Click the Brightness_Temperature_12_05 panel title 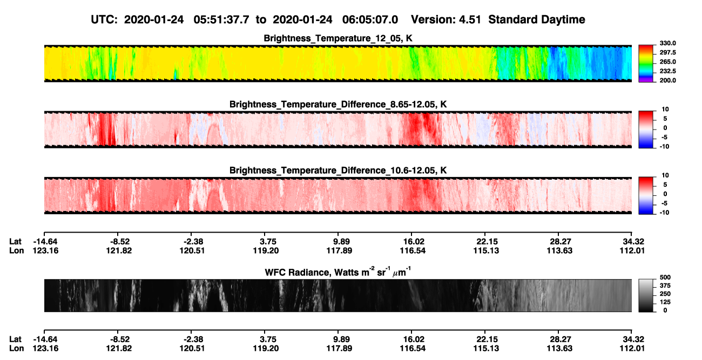click(x=338, y=38)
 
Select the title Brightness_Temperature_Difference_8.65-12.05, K click(x=338, y=104)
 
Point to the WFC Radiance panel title click(x=338, y=271)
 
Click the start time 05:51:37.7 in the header click(x=221, y=20)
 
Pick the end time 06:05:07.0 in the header click(x=370, y=20)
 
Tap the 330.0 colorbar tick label click(x=667, y=43)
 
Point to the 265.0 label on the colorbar click(x=667, y=62)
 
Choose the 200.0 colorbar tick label click(x=667, y=80)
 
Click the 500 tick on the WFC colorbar click(x=665, y=277)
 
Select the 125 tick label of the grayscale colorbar click(x=665, y=302)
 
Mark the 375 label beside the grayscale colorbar click(x=665, y=286)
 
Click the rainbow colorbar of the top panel click(x=646, y=64)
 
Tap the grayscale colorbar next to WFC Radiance click(x=646, y=295)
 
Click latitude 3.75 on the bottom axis click(x=268, y=339)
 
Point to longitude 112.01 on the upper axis click(x=632, y=250)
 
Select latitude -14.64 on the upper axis click(x=45, y=242)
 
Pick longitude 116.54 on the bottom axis click(x=413, y=349)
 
